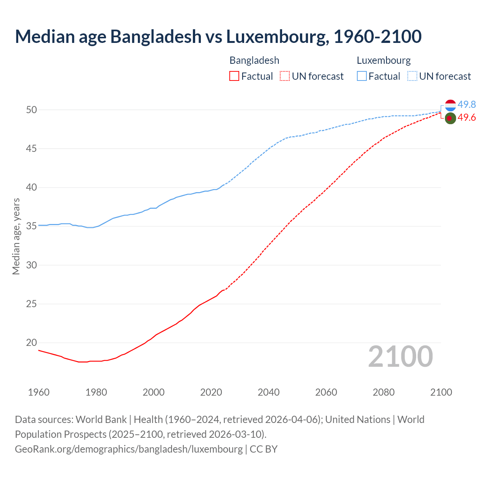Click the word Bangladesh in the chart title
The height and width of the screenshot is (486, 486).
[x=156, y=36]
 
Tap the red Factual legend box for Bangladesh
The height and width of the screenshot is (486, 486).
[x=234, y=76]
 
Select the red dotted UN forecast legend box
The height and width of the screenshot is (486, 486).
[x=285, y=76]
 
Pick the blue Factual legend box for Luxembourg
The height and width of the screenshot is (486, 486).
[x=362, y=76]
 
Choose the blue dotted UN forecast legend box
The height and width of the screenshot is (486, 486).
[x=412, y=76]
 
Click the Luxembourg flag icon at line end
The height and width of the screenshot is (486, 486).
[x=450, y=105]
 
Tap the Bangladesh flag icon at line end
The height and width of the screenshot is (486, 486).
[x=450, y=118]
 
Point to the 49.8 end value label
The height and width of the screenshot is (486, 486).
[x=467, y=104]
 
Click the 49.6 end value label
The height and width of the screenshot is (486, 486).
[x=467, y=118]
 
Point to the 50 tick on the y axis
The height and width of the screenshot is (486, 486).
[x=32, y=110]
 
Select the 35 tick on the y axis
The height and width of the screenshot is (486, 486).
[x=32, y=226]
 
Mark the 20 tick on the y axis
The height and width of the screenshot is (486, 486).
[x=32, y=342]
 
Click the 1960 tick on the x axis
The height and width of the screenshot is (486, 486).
[x=39, y=392]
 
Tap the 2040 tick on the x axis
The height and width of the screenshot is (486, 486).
[x=268, y=392]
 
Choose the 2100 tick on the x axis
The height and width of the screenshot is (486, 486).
[x=441, y=392]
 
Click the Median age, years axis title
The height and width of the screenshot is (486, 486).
[x=16, y=236]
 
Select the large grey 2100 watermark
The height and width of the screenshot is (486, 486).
[x=401, y=357]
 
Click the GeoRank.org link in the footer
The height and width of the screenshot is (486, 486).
[x=129, y=449]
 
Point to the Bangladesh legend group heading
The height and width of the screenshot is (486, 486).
[x=254, y=60]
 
